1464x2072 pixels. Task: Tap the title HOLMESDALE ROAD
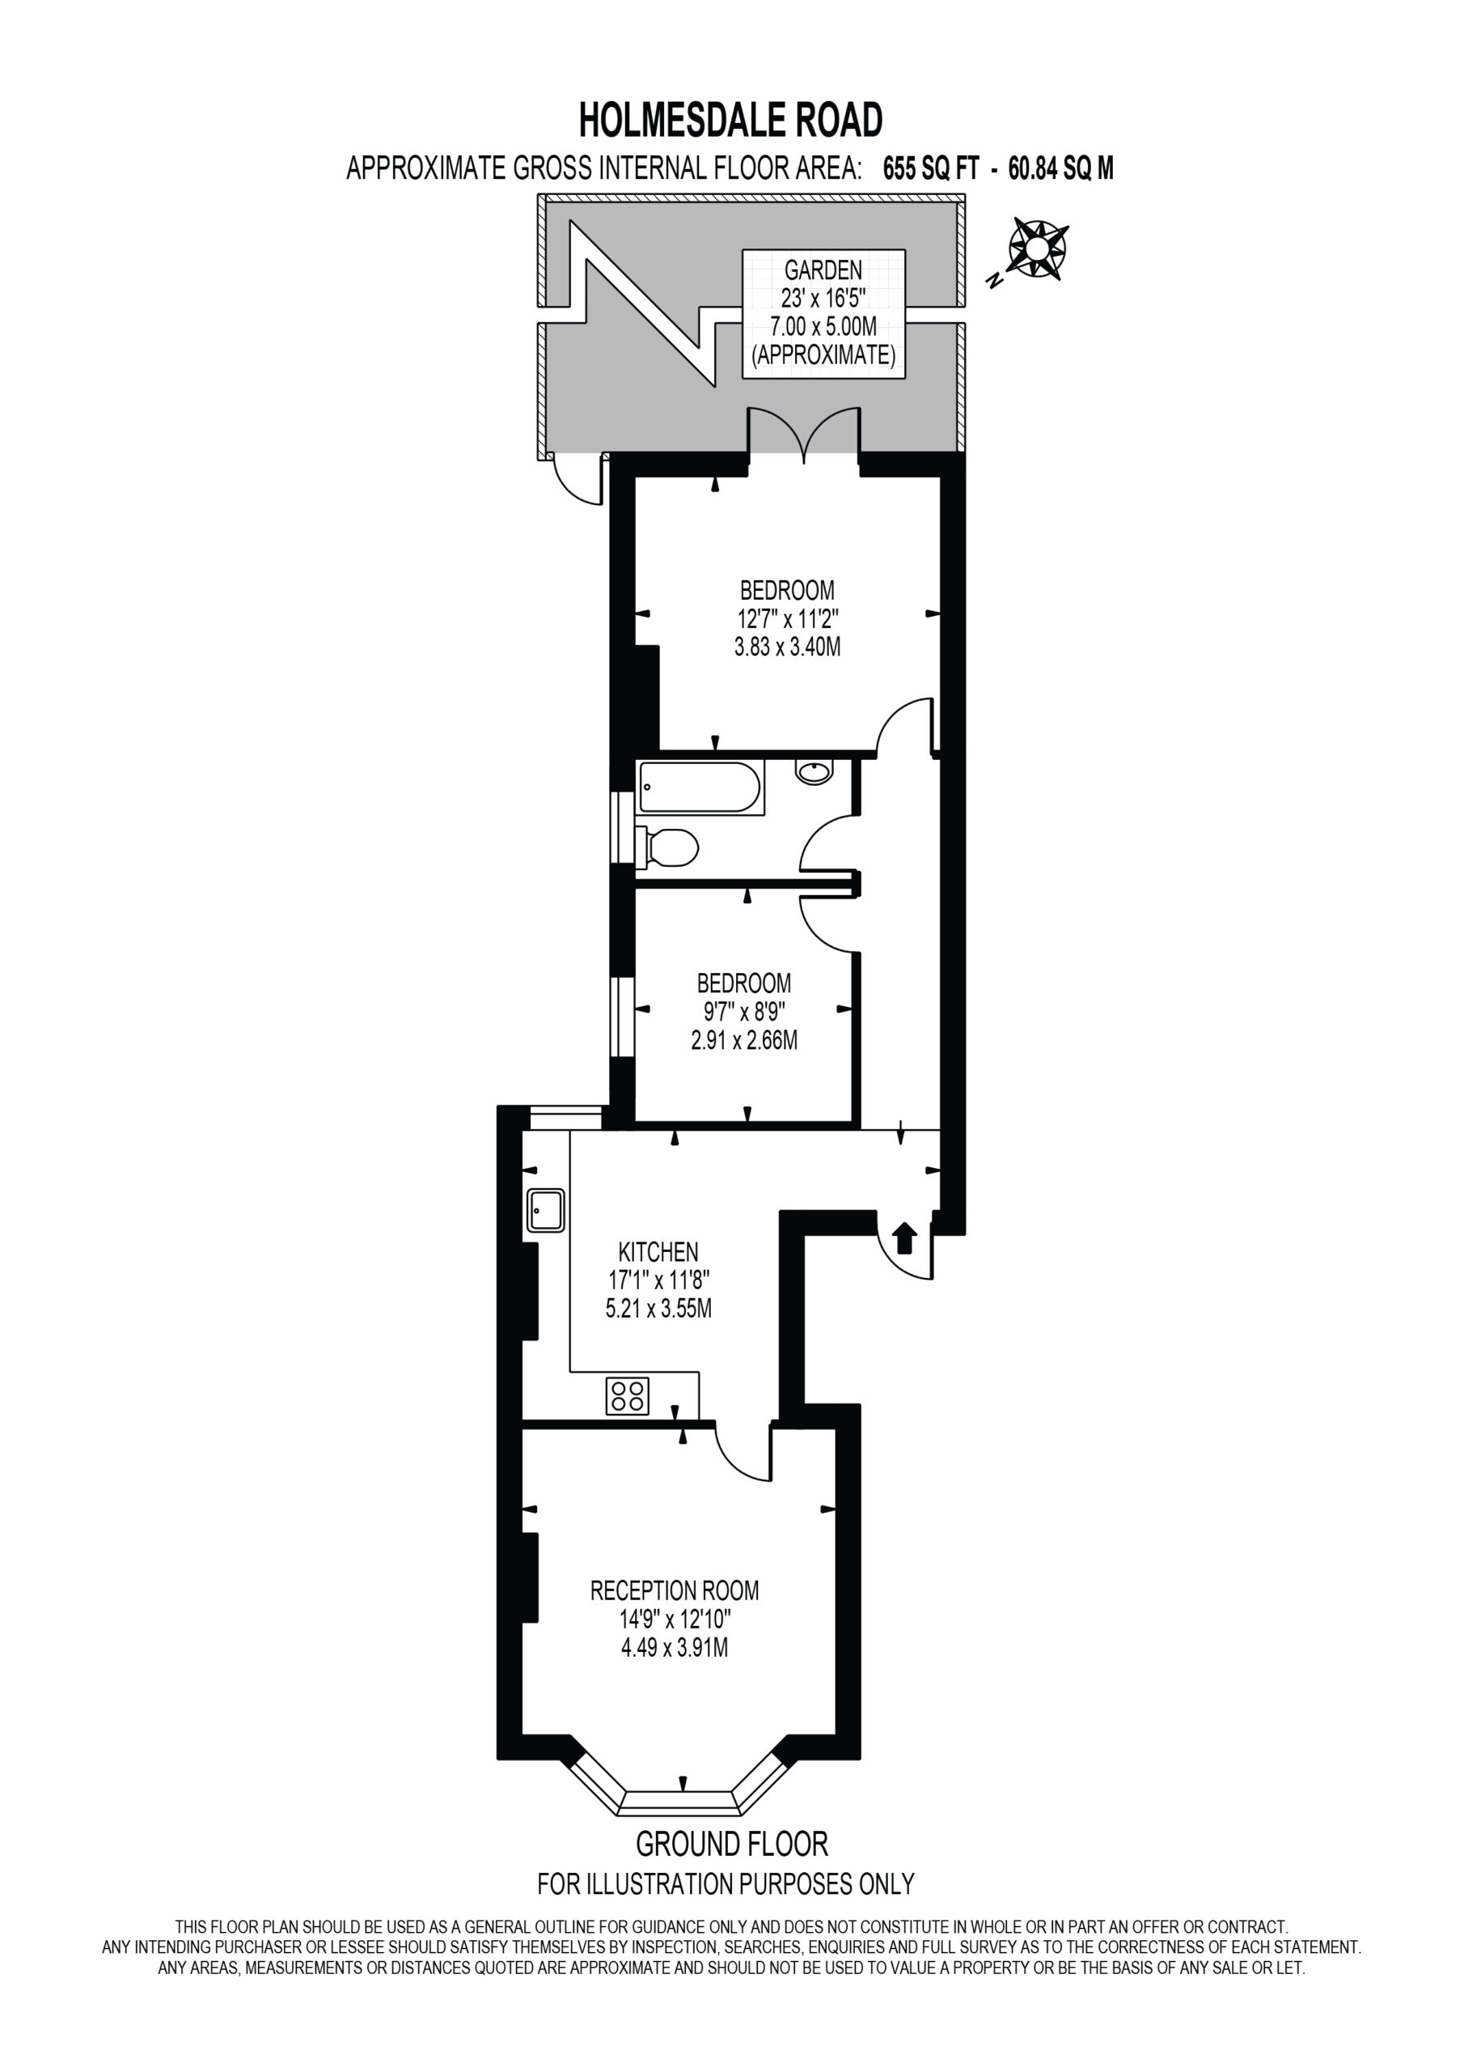[x=730, y=120]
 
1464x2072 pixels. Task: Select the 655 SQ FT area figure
[x=930, y=168]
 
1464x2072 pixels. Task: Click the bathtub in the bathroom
[x=700, y=788]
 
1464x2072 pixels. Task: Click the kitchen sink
[x=546, y=1209]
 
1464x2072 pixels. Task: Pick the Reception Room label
[x=675, y=1590]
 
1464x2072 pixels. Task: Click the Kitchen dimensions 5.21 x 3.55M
[x=658, y=1309]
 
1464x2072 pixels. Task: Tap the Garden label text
[x=823, y=270]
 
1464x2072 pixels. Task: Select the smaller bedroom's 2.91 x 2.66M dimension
[x=744, y=1041]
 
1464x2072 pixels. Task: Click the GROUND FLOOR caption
[x=731, y=1843]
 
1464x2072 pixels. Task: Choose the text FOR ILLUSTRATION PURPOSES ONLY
[x=726, y=1884]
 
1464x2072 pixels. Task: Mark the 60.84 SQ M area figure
[x=1060, y=168]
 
